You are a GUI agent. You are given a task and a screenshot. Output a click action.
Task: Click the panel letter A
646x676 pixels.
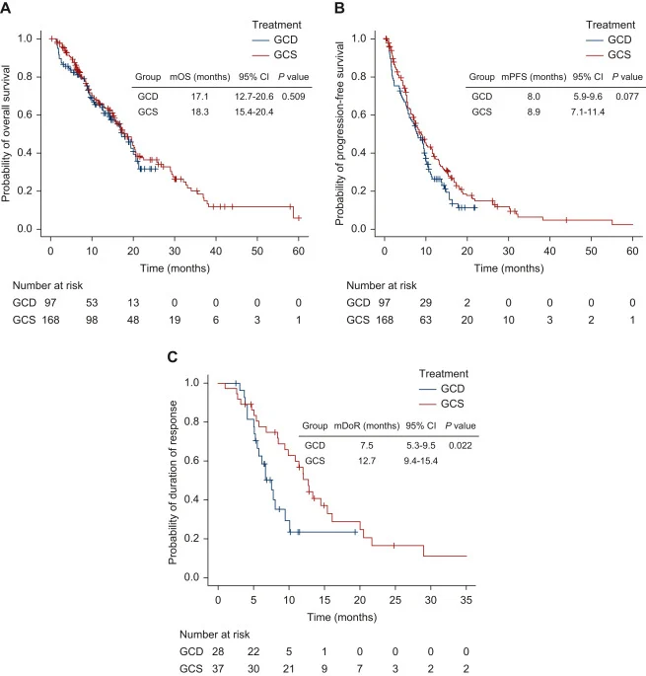pos(7,8)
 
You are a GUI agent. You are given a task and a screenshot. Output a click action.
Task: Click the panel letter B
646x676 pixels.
pos(338,8)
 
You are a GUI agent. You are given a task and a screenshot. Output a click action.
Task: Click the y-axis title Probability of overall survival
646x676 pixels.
pos(8,132)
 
